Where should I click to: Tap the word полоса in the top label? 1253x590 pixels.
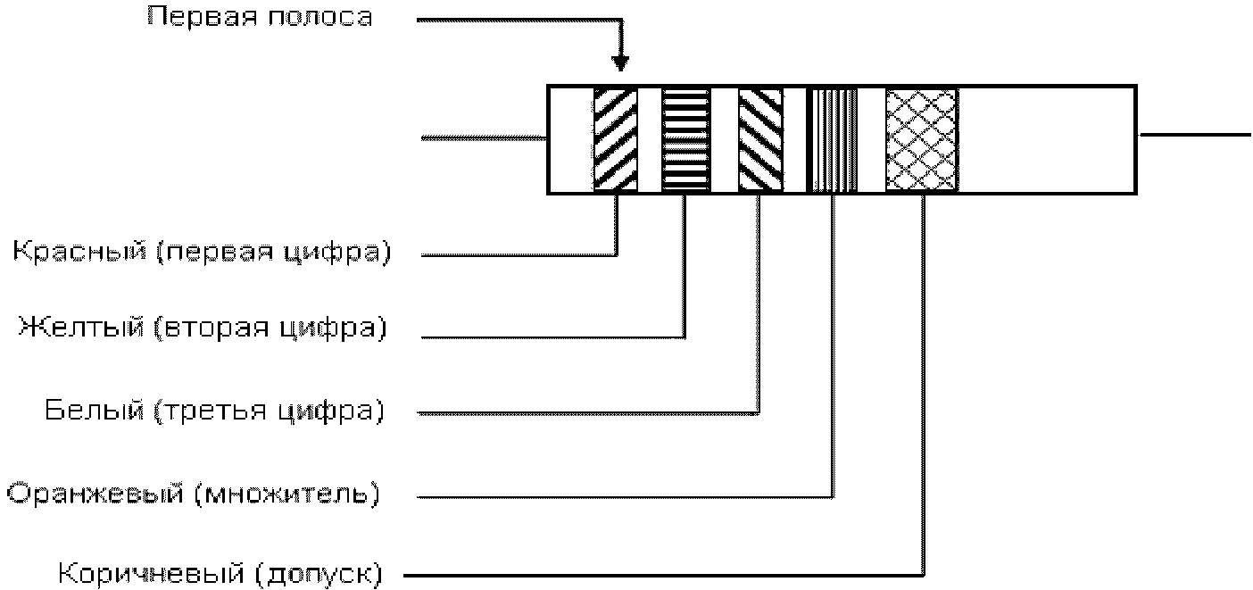tap(320, 17)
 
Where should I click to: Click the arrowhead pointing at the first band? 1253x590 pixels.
tap(619, 63)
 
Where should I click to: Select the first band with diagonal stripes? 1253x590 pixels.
tap(615, 140)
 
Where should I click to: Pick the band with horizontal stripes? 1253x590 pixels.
tap(685, 140)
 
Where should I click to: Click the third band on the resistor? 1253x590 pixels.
tap(760, 140)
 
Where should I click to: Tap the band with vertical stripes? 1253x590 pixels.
tap(833, 140)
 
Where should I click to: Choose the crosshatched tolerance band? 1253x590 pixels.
tap(922, 140)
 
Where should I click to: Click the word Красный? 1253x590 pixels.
tap(80, 252)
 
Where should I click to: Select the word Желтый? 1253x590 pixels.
tap(82, 327)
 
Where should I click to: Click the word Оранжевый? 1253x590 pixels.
tap(95, 494)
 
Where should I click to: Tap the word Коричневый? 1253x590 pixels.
tap(151, 574)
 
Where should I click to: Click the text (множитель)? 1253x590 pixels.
tap(287, 494)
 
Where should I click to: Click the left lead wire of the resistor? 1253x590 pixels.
tap(484, 137)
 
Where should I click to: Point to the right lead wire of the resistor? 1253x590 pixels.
tap(1195, 135)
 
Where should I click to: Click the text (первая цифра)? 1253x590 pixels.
tap(273, 253)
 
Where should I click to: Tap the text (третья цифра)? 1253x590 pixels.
tap(269, 411)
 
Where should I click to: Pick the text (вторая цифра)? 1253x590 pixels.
tap(270, 328)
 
